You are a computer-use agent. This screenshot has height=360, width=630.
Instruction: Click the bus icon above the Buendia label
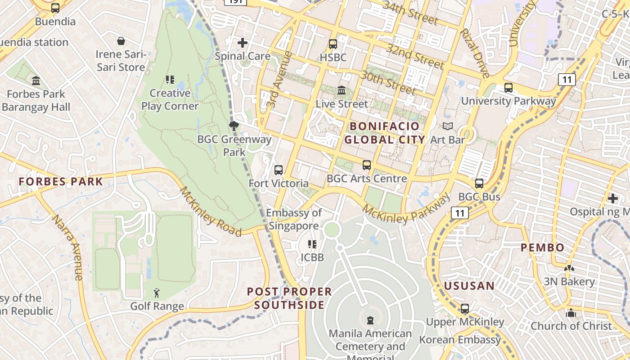[55, 8]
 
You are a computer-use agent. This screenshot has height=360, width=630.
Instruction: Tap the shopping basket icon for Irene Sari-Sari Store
[121, 41]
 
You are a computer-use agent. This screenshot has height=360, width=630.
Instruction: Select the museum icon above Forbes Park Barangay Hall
[36, 81]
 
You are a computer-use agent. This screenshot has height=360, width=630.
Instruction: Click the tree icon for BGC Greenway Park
[234, 126]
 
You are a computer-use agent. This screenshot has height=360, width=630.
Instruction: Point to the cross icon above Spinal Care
[243, 43]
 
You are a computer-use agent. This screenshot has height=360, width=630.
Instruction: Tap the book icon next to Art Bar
[447, 126]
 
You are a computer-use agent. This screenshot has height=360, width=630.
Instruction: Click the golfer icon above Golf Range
[157, 293]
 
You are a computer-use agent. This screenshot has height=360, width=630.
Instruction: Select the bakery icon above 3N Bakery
[569, 269]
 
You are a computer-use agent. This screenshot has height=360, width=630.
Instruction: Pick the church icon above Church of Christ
[571, 313]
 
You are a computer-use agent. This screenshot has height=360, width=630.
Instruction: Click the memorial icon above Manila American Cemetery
[370, 320]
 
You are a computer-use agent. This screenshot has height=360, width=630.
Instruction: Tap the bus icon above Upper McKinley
[465, 309]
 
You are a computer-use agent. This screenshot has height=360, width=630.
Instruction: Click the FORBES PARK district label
[61, 182]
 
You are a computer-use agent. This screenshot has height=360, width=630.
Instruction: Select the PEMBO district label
[542, 247]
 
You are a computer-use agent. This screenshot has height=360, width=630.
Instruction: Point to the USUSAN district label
[469, 286]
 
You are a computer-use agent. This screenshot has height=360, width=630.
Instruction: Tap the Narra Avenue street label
[68, 247]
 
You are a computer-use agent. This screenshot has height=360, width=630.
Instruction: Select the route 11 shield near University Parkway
[567, 80]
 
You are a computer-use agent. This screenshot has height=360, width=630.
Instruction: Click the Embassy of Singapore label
[294, 219]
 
